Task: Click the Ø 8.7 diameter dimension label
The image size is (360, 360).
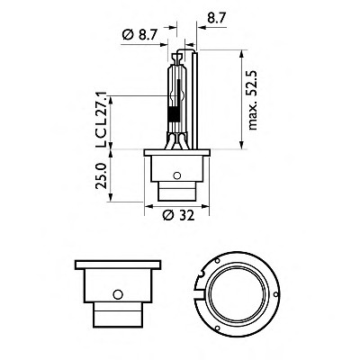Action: tap(143, 33)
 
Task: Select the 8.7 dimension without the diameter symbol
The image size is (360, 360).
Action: tap(218, 15)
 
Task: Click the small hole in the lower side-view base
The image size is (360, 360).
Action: tap(118, 293)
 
